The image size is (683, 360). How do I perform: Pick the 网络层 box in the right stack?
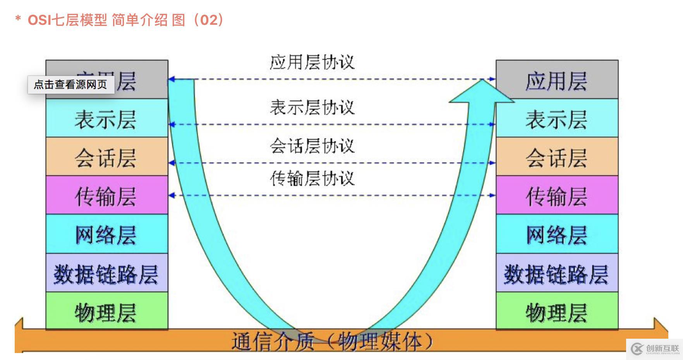tap(557, 234)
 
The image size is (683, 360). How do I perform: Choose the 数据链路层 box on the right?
tap(557, 273)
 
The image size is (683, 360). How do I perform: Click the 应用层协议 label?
tap(312, 62)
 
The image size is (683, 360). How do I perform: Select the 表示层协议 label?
tap(312, 107)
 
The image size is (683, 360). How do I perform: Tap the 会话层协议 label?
tap(312, 146)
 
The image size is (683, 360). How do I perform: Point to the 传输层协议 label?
tap(312, 178)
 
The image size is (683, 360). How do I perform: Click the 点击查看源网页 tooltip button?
tap(71, 84)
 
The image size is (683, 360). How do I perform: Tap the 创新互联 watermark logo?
tap(655, 349)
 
